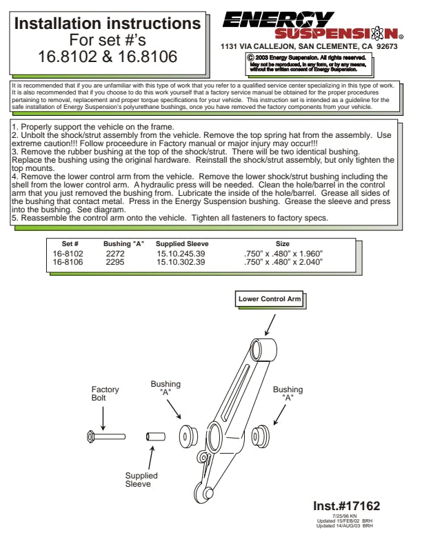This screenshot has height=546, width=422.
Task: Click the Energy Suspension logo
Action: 311,25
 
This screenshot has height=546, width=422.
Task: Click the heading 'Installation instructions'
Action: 108,24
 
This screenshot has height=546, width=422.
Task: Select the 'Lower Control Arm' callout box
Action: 269,299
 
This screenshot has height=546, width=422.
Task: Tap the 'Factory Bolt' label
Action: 105,394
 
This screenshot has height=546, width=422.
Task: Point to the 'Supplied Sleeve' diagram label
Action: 141,480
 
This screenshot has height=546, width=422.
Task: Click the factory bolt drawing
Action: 106,436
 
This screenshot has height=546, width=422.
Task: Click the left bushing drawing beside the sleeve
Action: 188,436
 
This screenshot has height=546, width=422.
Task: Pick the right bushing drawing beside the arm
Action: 260,437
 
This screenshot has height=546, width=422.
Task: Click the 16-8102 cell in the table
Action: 68,254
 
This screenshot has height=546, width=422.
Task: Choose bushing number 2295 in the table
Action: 116,262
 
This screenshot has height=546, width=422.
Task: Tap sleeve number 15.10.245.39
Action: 181,254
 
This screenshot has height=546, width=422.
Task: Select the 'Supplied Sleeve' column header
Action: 182,244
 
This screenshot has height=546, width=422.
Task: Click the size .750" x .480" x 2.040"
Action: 283,262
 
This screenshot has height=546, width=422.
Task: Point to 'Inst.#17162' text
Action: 346,506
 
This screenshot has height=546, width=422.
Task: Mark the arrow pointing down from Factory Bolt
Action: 103,416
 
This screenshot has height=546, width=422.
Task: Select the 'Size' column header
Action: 283,244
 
